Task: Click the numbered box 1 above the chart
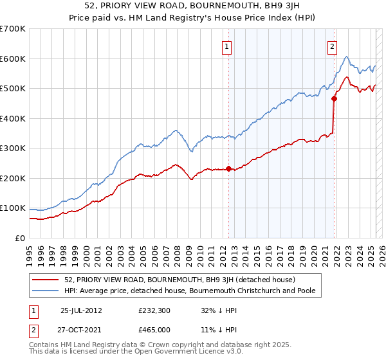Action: click(x=228, y=46)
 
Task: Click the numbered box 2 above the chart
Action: click(x=332, y=46)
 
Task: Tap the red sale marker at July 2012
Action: click(x=228, y=169)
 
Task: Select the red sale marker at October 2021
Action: click(x=334, y=98)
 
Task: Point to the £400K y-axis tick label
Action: click(x=13, y=118)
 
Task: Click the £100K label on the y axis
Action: click(x=13, y=208)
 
